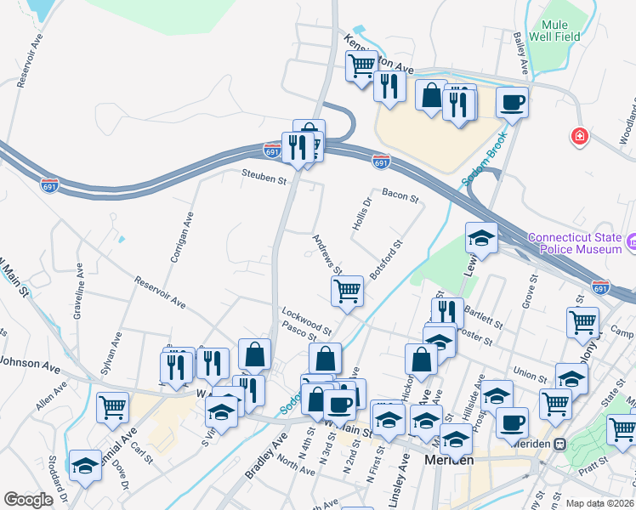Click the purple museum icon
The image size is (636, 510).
pos(631,244)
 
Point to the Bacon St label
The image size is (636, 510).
pos(400,196)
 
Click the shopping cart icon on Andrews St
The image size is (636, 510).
pos(347,291)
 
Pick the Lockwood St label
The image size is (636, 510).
pos(307,323)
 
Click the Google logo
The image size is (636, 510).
pos(28,500)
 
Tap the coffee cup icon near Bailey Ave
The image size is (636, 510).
pos(512,103)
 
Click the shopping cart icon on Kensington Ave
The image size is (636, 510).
pos(361,65)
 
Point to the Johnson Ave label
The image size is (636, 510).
pos(30,366)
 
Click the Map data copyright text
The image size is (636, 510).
pos(600,503)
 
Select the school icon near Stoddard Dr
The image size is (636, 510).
pos(85,465)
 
